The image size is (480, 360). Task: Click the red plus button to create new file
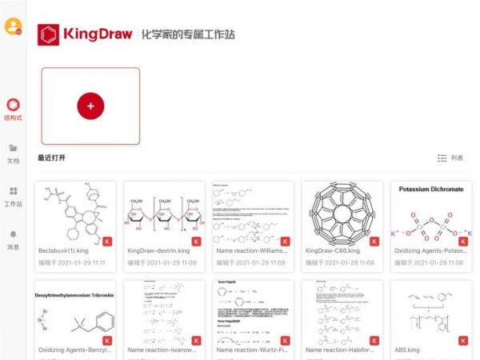90,106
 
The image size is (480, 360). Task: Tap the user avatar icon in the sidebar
13,26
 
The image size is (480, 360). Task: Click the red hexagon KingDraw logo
49,34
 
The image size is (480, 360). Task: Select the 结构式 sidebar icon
13,105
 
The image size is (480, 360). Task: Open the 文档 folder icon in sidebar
13,148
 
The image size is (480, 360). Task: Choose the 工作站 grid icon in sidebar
13,191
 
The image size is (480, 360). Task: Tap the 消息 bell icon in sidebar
13,234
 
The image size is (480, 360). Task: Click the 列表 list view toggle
450,158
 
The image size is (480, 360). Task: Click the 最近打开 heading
51,158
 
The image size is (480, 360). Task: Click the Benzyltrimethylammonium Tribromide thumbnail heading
74,295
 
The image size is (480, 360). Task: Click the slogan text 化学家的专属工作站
189,35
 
